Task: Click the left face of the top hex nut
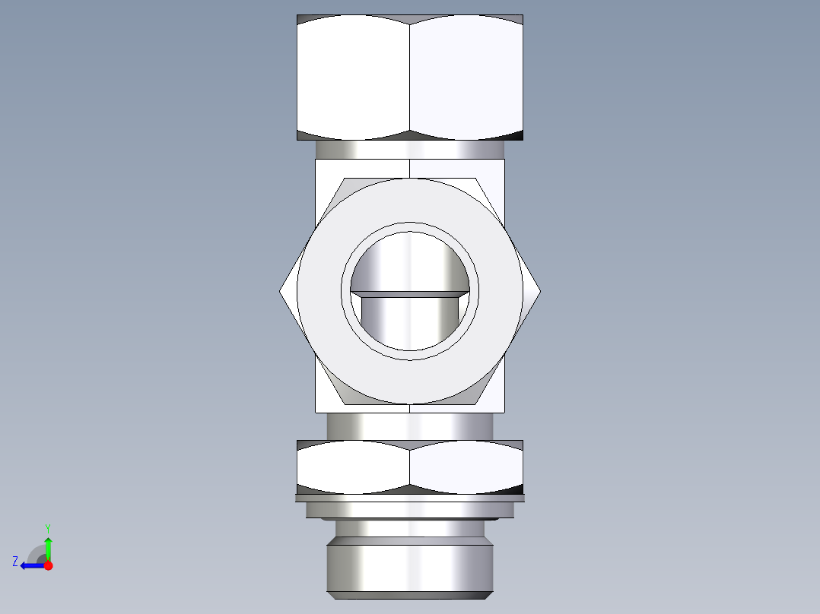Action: [x=353, y=76]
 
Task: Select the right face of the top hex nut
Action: [x=466, y=76]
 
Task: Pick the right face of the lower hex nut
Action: [x=466, y=465]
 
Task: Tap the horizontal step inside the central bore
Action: [x=410, y=292]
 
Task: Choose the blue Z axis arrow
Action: [x=30, y=565]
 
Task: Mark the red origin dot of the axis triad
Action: [x=48, y=565]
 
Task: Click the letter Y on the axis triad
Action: [x=48, y=527]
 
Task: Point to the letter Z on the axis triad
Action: [x=15, y=562]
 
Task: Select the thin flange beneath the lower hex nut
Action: [x=410, y=498]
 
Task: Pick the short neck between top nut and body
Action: [x=410, y=150]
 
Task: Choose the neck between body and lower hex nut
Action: [x=410, y=426]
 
